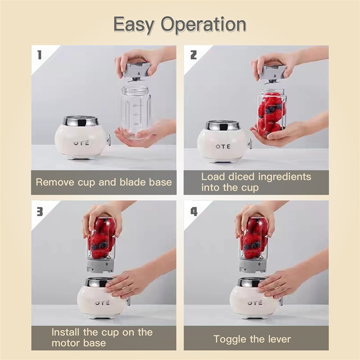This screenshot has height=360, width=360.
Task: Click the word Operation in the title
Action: click(x=210, y=25)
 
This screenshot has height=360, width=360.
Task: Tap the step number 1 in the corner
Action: click(x=40, y=55)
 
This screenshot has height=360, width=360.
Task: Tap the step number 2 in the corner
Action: click(x=193, y=55)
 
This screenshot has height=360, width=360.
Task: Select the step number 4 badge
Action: click(x=193, y=211)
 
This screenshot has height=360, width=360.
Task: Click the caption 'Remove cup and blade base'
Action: click(x=103, y=182)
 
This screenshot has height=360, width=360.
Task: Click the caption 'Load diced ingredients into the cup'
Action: click(x=256, y=182)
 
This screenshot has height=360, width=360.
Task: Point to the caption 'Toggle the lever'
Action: click(x=252, y=339)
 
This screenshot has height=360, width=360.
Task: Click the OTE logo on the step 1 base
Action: click(x=81, y=143)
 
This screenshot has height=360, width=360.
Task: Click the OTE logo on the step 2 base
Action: click(x=223, y=146)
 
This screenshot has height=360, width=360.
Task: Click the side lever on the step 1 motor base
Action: click(x=108, y=140)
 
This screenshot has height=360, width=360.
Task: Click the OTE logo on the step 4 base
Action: click(x=255, y=302)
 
